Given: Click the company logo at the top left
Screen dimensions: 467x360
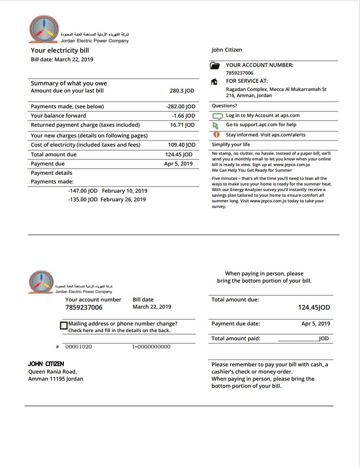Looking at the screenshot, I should point(43,29).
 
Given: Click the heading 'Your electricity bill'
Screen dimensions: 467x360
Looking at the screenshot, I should point(60,51).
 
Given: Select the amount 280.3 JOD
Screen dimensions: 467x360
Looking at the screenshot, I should point(182,91).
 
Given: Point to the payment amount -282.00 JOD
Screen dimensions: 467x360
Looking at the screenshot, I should point(181,107).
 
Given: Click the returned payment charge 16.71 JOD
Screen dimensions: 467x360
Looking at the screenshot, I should point(182,125).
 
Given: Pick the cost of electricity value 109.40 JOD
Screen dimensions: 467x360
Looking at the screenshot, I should point(181,145).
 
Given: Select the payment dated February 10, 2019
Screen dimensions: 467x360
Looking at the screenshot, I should point(107,191).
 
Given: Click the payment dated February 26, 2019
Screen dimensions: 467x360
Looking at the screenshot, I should point(107,200).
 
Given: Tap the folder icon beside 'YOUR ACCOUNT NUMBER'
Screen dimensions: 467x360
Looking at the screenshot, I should point(215,66).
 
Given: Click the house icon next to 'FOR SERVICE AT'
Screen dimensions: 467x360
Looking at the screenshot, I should point(215,82).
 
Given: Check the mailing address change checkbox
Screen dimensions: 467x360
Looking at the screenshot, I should point(64,325).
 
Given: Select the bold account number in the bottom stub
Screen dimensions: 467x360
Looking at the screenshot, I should point(84,308).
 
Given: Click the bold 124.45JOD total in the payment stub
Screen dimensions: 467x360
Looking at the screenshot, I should point(314,308).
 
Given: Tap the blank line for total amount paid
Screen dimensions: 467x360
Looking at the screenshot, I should point(298,339).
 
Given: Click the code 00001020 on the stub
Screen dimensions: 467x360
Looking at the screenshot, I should point(79,347).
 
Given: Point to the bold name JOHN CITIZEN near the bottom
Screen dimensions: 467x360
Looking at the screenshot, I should point(46,364).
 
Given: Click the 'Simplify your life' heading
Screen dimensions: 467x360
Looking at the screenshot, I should point(231,145).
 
